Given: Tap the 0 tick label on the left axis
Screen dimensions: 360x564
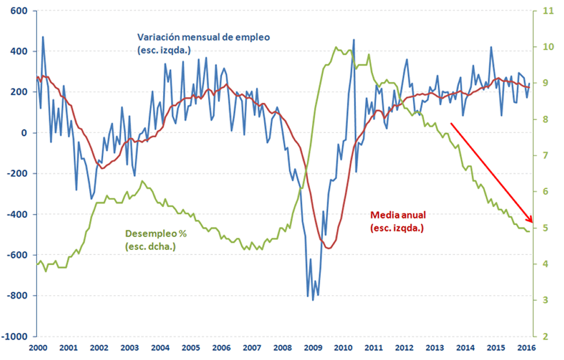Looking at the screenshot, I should (x=26, y=133).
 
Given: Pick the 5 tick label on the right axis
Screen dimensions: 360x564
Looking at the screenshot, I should (x=544, y=228).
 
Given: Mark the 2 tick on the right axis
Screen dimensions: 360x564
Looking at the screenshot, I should (x=544, y=336).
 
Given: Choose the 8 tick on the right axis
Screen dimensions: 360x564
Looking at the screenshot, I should (x=544, y=120).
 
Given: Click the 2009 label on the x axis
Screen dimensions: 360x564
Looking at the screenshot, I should (x=313, y=348).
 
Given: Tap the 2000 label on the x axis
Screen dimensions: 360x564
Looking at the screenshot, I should (x=37, y=348).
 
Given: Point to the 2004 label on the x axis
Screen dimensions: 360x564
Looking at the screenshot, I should (x=160, y=348).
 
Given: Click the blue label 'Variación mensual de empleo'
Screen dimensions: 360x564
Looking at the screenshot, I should (x=204, y=37).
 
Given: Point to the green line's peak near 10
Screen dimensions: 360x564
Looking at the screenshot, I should (x=336, y=47).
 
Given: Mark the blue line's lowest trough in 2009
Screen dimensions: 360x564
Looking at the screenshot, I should (x=313, y=300).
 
